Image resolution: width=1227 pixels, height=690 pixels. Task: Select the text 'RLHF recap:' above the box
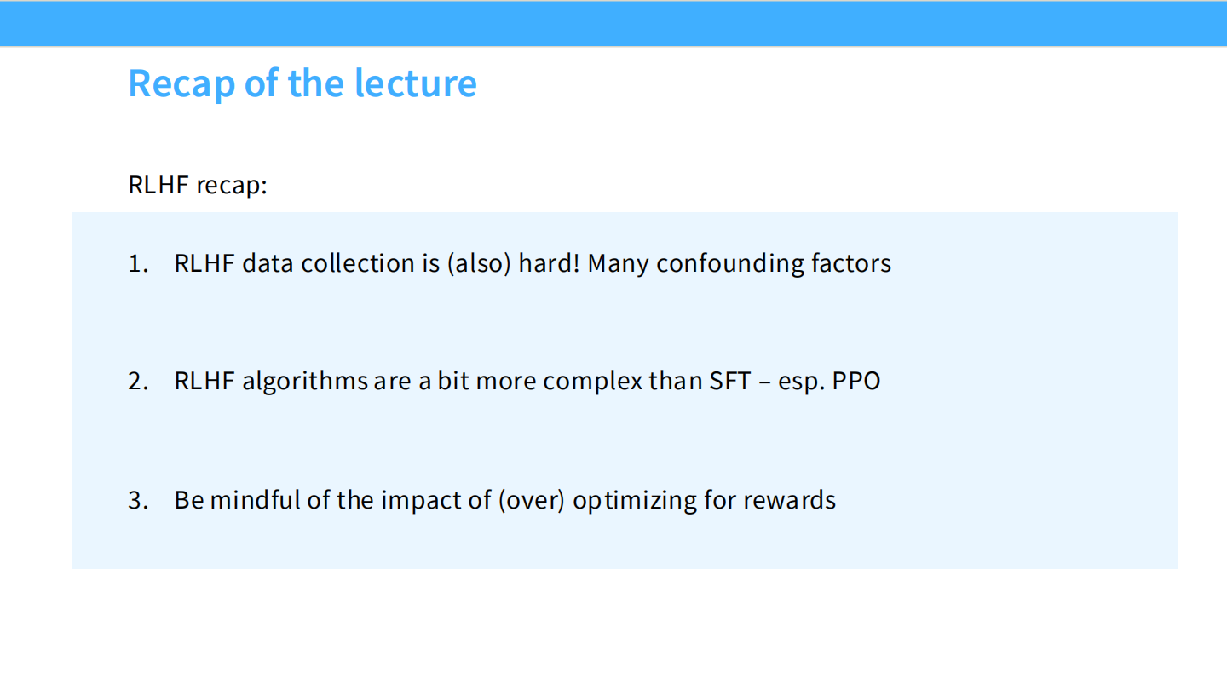[198, 185]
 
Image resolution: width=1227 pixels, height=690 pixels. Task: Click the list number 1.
[137, 263]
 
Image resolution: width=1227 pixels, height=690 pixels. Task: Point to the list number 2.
[138, 381]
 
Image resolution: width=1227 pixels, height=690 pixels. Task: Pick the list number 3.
[138, 500]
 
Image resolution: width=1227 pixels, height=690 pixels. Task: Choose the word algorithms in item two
[304, 381]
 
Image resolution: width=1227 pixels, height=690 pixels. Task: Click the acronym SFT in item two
[729, 381]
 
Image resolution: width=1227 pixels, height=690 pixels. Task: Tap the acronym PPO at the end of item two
[856, 381]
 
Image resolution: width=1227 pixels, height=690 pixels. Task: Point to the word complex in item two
[593, 381]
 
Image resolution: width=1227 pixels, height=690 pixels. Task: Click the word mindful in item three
[255, 500]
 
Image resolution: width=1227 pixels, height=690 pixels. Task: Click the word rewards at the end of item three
[789, 500]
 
